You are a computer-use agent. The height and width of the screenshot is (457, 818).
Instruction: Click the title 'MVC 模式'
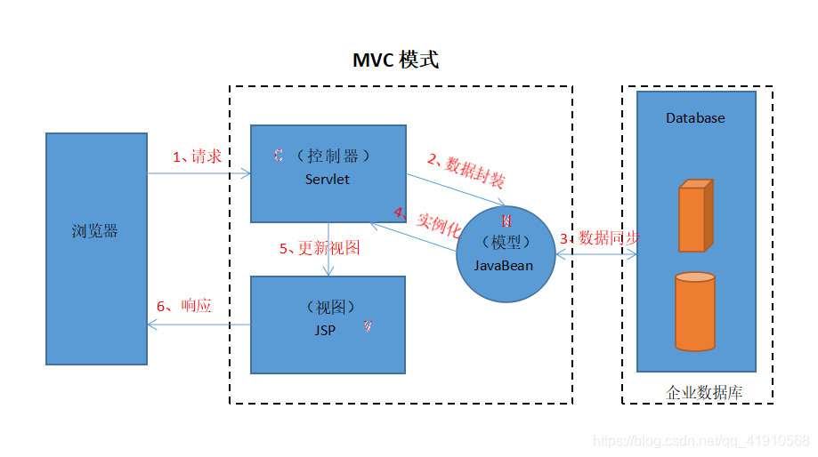pos(395,60)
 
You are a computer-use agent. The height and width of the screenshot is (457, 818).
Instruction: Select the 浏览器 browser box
pos(96,248)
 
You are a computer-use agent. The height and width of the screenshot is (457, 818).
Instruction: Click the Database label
pos(695,118)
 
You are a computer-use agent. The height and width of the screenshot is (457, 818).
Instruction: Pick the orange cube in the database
pos(694,216)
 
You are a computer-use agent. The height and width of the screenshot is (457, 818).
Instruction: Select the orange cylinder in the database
pos(694,311)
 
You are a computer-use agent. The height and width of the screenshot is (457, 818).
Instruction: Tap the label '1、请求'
pos(197,156)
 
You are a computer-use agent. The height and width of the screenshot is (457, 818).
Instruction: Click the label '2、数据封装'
pos(466,172)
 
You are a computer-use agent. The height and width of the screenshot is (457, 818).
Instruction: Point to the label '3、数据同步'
pos(600,238)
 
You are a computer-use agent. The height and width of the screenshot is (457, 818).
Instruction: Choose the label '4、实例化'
pos(426,221)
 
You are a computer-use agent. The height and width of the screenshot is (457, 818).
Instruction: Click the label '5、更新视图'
pos(320,248)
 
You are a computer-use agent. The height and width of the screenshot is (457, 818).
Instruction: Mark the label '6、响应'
pos(184,306)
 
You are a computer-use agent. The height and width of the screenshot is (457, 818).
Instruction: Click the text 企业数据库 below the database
pos(704,392)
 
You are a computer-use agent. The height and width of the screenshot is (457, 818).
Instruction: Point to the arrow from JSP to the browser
pos(198,325)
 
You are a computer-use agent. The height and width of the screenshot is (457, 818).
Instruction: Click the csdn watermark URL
pos(701,441)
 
